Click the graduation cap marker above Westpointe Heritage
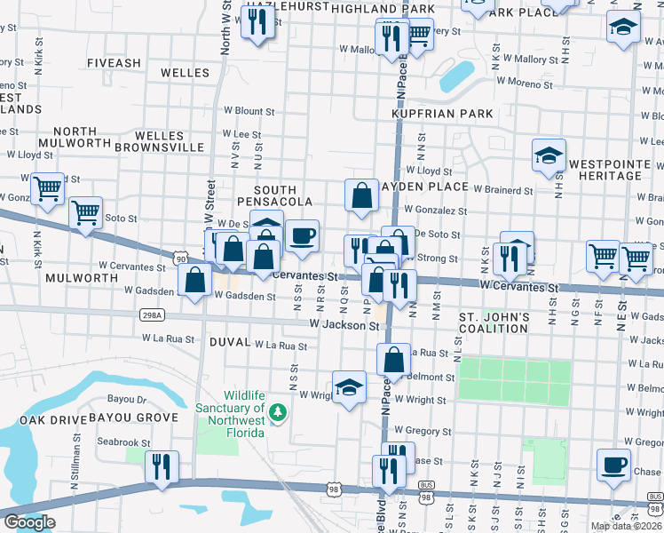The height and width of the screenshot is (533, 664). point(549,155)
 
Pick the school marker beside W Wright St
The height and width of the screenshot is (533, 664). point(350,387)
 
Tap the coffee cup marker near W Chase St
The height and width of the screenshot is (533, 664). point(613,465)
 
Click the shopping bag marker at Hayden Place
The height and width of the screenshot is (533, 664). point(361,196)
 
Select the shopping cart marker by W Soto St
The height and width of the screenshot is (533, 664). point(85,213)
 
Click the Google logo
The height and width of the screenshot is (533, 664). point(29,522)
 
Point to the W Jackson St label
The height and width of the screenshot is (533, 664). point(344,326)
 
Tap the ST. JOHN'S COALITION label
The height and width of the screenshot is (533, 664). point(494,322)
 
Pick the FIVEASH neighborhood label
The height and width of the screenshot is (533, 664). point(114,63)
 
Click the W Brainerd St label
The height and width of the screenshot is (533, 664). point(502,190)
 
